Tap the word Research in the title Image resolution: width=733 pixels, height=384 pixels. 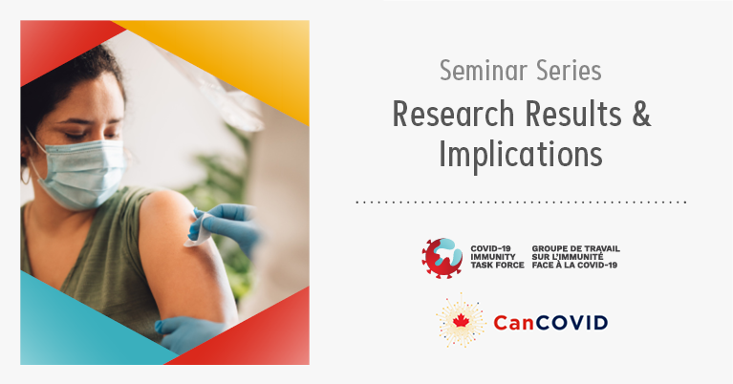tap(453, 114)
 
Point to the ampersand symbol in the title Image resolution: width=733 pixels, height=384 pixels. tap(641, 114)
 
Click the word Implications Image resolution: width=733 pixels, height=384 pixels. tap(520, 154)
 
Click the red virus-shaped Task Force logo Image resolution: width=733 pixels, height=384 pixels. tap(442, 258)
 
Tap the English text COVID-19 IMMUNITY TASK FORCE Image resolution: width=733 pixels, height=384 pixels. tap(497, 257)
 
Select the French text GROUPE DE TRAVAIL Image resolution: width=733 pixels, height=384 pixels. tap(575, 248)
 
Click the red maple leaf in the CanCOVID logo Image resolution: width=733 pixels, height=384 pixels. tap(461, 321)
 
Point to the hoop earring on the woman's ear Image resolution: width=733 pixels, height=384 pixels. tap(25, 175)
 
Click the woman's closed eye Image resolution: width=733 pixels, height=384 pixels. tap(77, 136)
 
